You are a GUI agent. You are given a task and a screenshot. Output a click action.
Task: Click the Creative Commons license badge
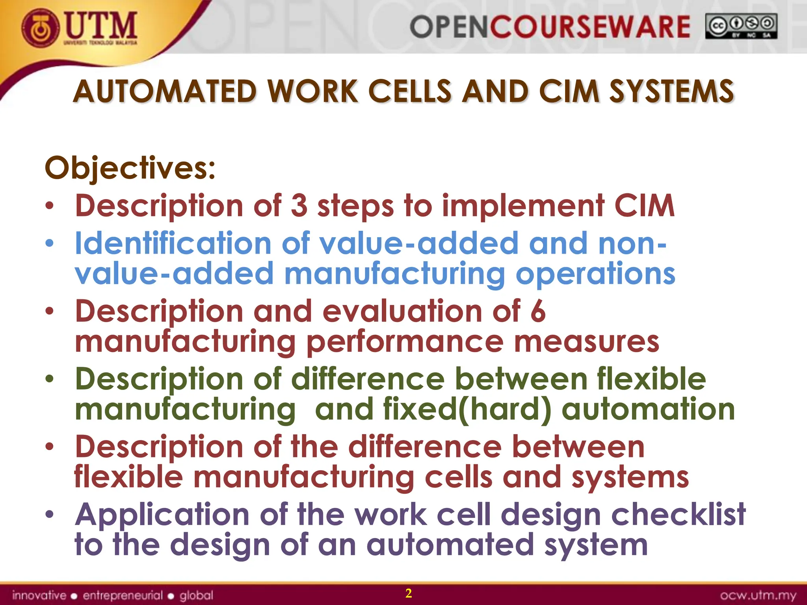click(x=741, y=26)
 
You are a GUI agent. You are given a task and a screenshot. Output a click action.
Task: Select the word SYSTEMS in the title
click(x=671, y=91)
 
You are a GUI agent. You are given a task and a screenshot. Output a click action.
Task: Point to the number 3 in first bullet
click(x=299, y=206)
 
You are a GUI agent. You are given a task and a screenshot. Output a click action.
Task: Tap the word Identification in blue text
click(x=173, y=243)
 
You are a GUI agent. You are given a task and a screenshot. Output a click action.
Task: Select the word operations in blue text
click(x=595, y=273)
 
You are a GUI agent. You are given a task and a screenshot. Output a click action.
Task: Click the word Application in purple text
click(x=162, y=514)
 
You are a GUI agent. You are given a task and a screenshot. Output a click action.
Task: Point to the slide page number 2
click(x=409, y=593)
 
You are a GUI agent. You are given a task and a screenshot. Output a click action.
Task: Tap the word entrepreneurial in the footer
click(x=123, y=595)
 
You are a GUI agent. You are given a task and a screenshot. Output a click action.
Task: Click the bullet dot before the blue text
click(x=49, y=243)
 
